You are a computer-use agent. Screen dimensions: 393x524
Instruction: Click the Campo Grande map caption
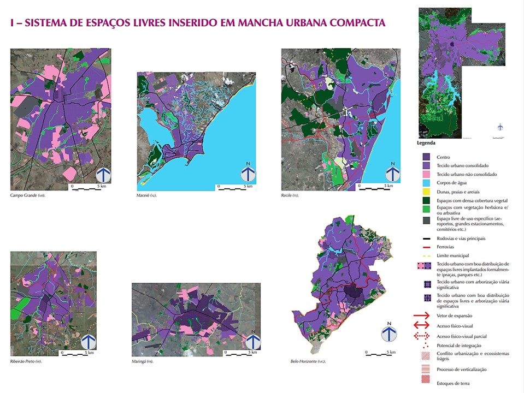click(27, 195)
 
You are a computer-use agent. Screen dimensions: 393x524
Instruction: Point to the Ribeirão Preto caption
click(26, 361)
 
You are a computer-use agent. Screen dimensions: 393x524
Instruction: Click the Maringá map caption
click(143, 361)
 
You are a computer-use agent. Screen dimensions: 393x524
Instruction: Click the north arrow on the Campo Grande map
click(104, 174)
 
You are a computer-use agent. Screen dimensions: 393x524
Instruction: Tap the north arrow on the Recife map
click(392, 172)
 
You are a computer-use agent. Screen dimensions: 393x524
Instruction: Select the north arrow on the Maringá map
click(252, 341)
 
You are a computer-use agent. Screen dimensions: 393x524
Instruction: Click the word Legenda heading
click(426, 144)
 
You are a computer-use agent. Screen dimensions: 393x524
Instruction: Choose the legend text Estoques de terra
click(454, 383)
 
